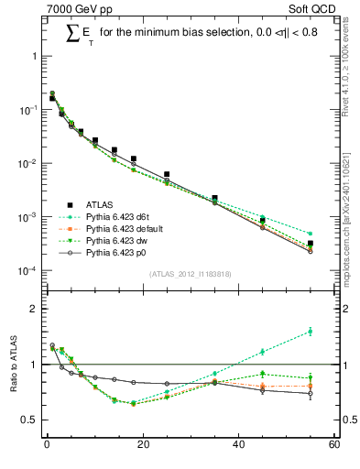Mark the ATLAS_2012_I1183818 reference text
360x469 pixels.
[x=190, y=273]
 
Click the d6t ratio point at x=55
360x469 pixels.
[x=311, y=332]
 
